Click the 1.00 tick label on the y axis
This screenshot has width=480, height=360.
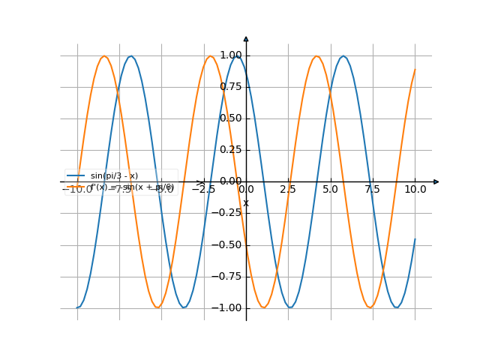[231, 55]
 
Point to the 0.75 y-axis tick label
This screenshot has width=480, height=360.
[231, 87]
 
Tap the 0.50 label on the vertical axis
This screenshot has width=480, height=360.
[231, 118]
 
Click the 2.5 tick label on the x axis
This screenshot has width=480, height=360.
[288, 190]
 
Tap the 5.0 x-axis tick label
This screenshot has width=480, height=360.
[331, 190]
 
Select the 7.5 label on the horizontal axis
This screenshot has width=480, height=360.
[373, 190]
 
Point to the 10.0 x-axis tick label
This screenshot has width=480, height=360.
[415, 190]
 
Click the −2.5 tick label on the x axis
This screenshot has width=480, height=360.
[203, 190]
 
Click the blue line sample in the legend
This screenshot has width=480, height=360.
[75, 175]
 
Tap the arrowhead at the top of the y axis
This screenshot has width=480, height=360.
[246, 38]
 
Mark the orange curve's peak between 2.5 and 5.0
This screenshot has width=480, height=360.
[317, 56]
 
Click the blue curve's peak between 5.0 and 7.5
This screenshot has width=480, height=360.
[343, 56]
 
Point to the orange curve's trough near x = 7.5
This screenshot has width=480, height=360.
[370, 307]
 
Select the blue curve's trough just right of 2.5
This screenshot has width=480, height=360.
[290, 307]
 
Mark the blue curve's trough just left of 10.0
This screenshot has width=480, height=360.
[397, 307]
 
